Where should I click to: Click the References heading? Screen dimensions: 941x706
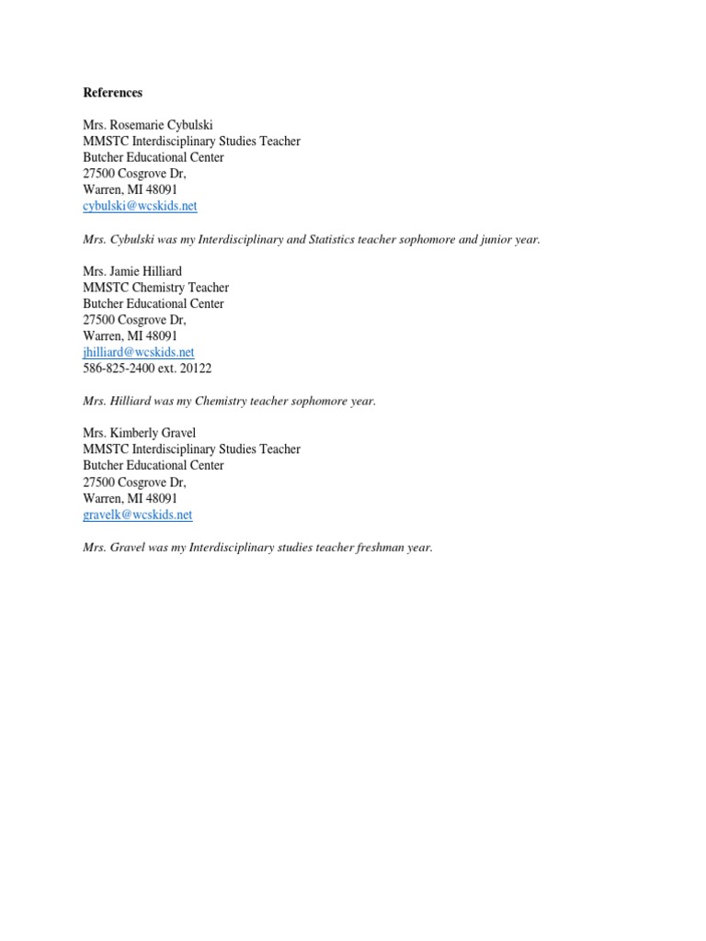[x=113, y=93]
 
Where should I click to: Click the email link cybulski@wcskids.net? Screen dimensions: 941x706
[x=140, y=207]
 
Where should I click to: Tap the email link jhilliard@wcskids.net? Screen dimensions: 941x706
[x=139, y=352]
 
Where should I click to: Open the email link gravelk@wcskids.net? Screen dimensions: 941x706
[x=138, y=515]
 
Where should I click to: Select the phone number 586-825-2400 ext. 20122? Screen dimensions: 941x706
[x=147, y=368]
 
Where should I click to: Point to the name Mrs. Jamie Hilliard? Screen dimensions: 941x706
[x=132, y=271]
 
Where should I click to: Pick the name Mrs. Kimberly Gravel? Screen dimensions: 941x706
[x=139, y=433]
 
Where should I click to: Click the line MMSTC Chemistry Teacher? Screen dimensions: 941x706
[x=156, y=288]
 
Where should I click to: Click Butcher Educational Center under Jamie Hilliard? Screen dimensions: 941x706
[x=154, y=303]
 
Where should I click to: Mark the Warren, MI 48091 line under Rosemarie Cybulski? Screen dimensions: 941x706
[x=131, y=189]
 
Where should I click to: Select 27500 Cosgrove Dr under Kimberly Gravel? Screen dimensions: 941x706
[x=134, y=482]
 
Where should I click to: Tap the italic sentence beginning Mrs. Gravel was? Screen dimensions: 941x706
[x=257, y=548]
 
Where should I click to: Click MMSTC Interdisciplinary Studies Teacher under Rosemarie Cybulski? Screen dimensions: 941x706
[x=191, y=142]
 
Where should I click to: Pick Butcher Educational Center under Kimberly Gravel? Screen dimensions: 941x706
[x=154, y=466]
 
